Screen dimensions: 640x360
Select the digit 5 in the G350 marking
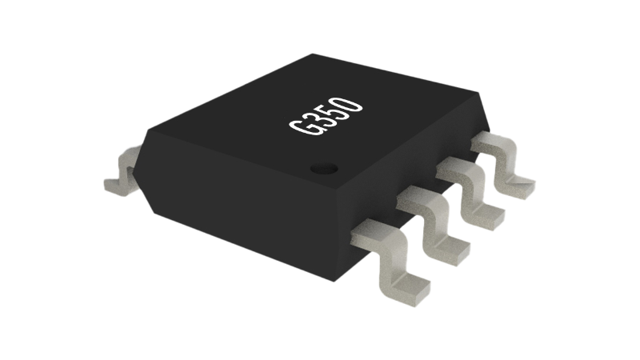334,110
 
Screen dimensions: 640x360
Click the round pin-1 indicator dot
324,168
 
